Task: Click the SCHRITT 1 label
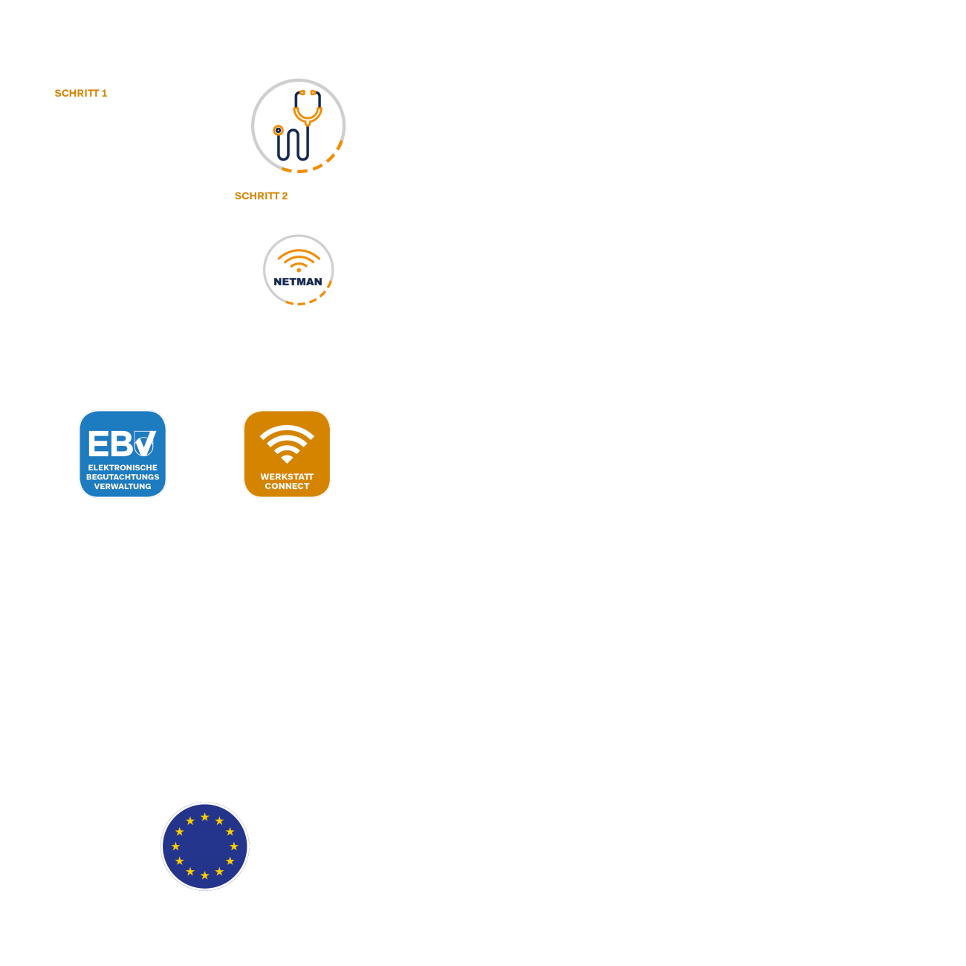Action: (81, 93)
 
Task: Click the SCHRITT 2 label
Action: (261, 196)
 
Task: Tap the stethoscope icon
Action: (298, 126)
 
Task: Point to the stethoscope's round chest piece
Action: (278, 130)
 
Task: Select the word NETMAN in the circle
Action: (298, 282)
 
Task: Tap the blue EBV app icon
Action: (123, 454)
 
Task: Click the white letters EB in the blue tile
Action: (111, 444)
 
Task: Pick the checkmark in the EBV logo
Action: (145, 444)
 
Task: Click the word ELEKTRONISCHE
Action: (123, 467)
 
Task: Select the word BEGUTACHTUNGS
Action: (123, 477)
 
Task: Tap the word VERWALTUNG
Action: (123, 486)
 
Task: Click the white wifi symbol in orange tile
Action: (287, 444)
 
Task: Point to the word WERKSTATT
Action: (287, 477)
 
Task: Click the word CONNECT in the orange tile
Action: (287, 486)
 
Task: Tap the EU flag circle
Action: (204, 846)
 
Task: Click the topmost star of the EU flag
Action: (204, 817)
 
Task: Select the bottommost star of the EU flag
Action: (204, 875)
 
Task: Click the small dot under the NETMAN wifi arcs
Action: (299, 270)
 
